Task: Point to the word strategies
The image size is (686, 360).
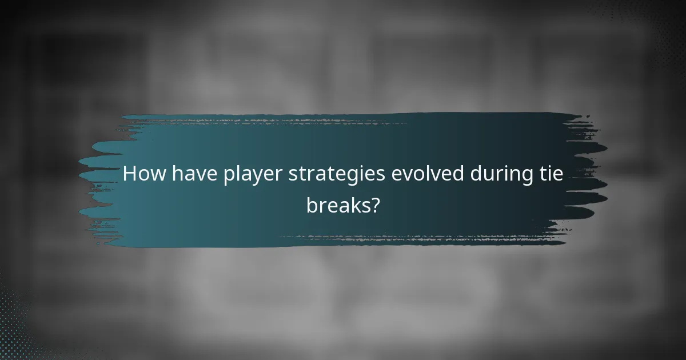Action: (336, 175)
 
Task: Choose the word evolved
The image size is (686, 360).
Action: (428, 174)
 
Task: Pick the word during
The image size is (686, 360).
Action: (504, 175)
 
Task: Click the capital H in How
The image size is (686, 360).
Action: (130, 174)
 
